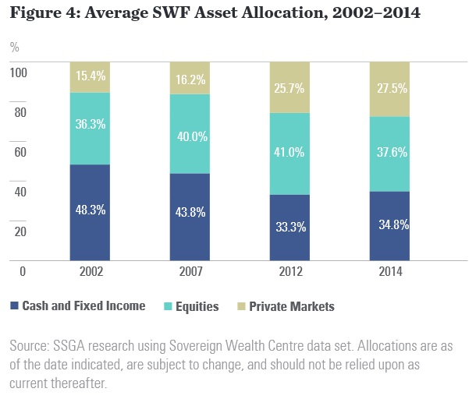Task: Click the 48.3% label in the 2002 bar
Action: click(x=90, y=210)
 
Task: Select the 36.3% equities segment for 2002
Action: click(x=90, y=123)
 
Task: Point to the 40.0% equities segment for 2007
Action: click(x=190, y=137)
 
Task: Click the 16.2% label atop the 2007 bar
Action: click(x=190, y=79)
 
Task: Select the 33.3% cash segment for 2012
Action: click(x=290, y=228)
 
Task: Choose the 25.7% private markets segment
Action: click(x=290, y=87)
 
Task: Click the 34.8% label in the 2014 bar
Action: click(x=389, y=224)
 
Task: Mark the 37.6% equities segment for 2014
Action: click(x=389, y=153)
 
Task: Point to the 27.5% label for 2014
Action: click(x=389, y=90)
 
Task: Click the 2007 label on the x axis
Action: click(x=190, y=272)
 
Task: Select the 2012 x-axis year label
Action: click(x=290, y=272)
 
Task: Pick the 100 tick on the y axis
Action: click(x=17, y=72)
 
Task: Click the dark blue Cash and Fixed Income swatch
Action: click(x=15, y=306)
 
